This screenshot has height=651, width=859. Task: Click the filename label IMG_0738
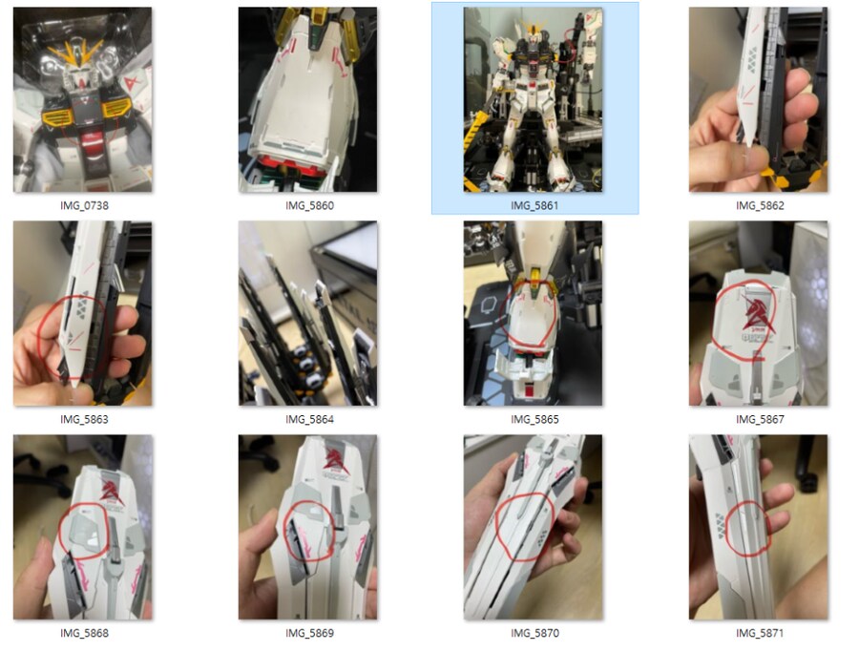pos(84,205)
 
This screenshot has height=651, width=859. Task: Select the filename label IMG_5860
pos(309,205)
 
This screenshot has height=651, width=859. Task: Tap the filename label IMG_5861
pos(534,205)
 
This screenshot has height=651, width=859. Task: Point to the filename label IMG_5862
pos(760,205)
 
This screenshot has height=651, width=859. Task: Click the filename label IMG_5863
pos(84,419)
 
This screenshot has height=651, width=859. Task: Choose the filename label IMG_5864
pos(309,419)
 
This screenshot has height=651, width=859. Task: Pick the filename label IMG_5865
pos(534,419)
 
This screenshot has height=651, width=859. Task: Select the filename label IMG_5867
pos(760,419)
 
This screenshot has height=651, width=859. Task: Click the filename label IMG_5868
pos(84,633)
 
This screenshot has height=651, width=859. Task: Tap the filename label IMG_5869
pos(309,633)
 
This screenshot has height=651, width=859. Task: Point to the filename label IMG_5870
pos(534,633)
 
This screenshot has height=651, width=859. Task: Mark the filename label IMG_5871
pos(760,633)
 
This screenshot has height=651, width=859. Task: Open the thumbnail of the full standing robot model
pos(533,99)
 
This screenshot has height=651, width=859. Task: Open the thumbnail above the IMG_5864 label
pos(308,313)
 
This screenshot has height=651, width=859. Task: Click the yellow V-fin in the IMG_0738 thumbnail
pos(75,53)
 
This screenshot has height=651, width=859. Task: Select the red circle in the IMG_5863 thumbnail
pos(39,334)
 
